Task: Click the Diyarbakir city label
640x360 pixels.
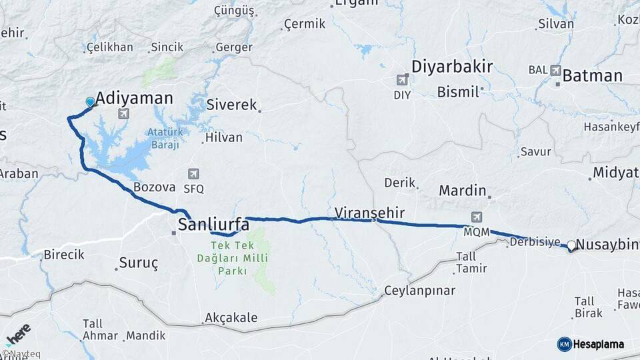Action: coord(451,67)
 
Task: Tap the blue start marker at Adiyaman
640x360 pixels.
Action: coord(90,102)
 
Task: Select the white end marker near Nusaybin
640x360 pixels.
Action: coord(571,245)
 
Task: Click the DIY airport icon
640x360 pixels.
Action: coord(402,80)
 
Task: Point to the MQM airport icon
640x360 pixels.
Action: coord(477,217)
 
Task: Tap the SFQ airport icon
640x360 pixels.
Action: coord(193,174)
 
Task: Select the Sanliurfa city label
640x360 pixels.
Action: coord(213,224)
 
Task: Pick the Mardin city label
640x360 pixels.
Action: coord(462,191)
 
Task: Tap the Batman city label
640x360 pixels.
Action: coord(592,75)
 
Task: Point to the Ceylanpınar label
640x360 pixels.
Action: coord(419,291)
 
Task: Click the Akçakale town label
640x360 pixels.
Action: coord(231,318)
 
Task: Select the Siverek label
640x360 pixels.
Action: coord(231,105)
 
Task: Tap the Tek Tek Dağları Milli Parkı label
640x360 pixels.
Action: coord(223,258)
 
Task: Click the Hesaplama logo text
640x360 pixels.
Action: coord(598,344)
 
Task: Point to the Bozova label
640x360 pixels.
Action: coord(154,187)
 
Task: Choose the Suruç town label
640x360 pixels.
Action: coord(139,263)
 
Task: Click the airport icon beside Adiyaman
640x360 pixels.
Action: coord(123,114)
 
